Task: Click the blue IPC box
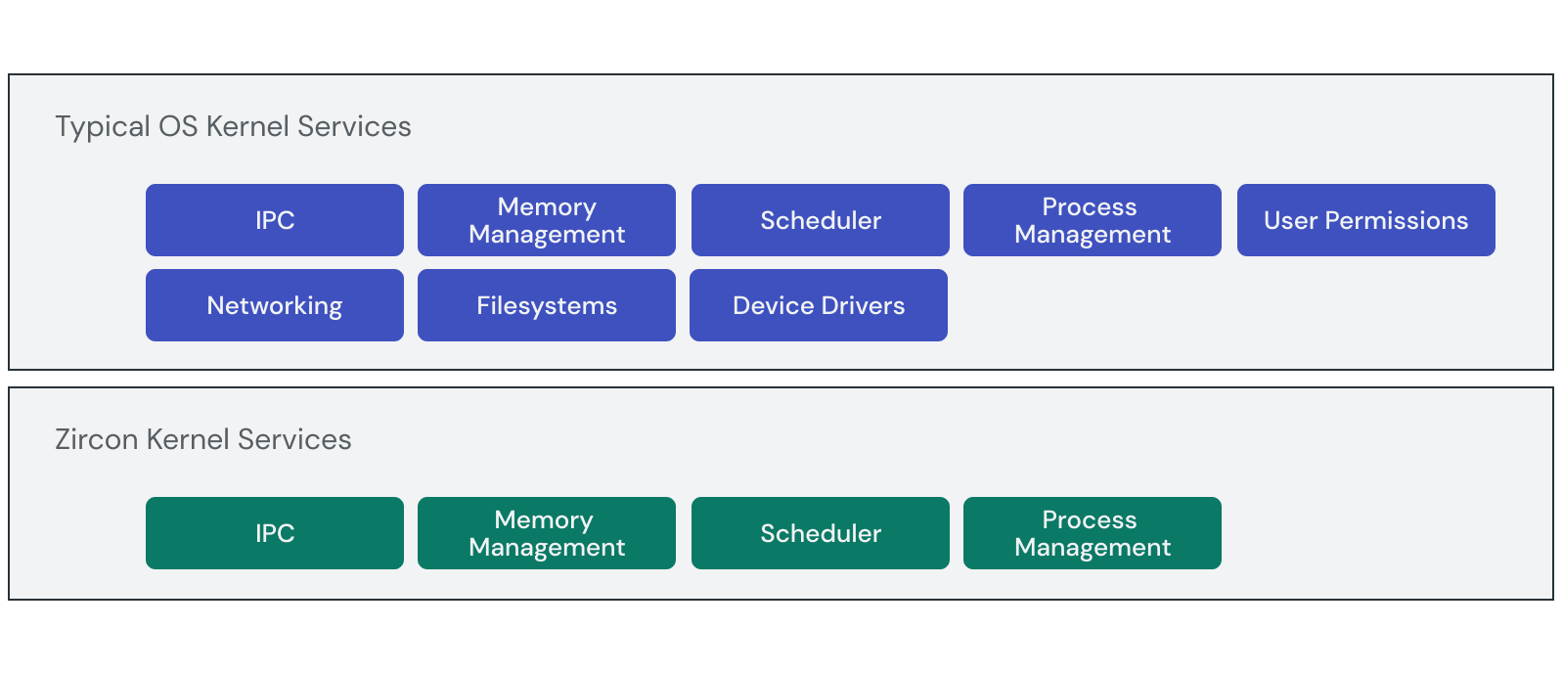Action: (x=275, y=220)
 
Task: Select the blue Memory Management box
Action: (x=547, y=220)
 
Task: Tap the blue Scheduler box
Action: (x=821, y=220)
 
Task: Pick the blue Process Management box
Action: (x=1093, y=220)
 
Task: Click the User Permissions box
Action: (x=1366, y=220)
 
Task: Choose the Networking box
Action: (x=275, y=305)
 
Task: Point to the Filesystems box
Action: (x=547, y=305)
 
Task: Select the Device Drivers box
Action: (x=819, y=305)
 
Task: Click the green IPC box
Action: (x=275, y=533)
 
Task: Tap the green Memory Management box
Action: (x=547, y=533)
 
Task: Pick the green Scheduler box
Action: (x=821, y=533)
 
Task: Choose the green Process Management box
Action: (x=1093, y=533)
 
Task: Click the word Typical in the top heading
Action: (x=102, y=127)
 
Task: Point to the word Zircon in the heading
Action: (x=96, y=439)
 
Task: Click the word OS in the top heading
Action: (x=178, y=126)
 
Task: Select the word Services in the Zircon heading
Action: (x=294, y=439)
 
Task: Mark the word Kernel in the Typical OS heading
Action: (x=247, y=126)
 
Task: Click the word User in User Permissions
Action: (x=1290, y=220)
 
